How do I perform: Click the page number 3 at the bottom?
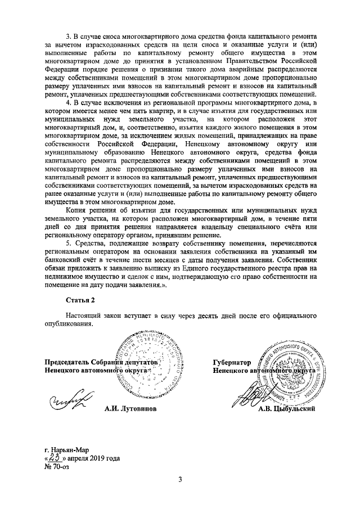coord(180,479)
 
